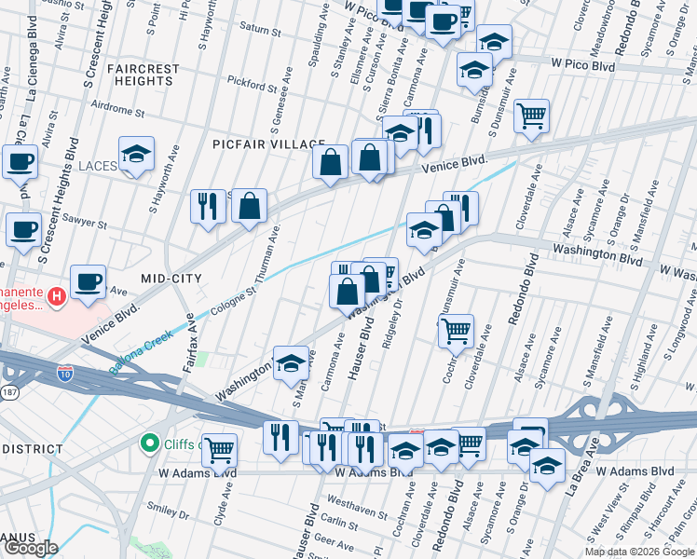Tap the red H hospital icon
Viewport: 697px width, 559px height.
click(x=57, y=297)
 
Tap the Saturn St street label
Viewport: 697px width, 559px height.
click(x=262, y=31)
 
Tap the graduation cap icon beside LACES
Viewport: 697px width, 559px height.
click(x=137, y=156)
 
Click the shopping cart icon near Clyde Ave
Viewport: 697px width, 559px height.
click(x=219, y=452)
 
